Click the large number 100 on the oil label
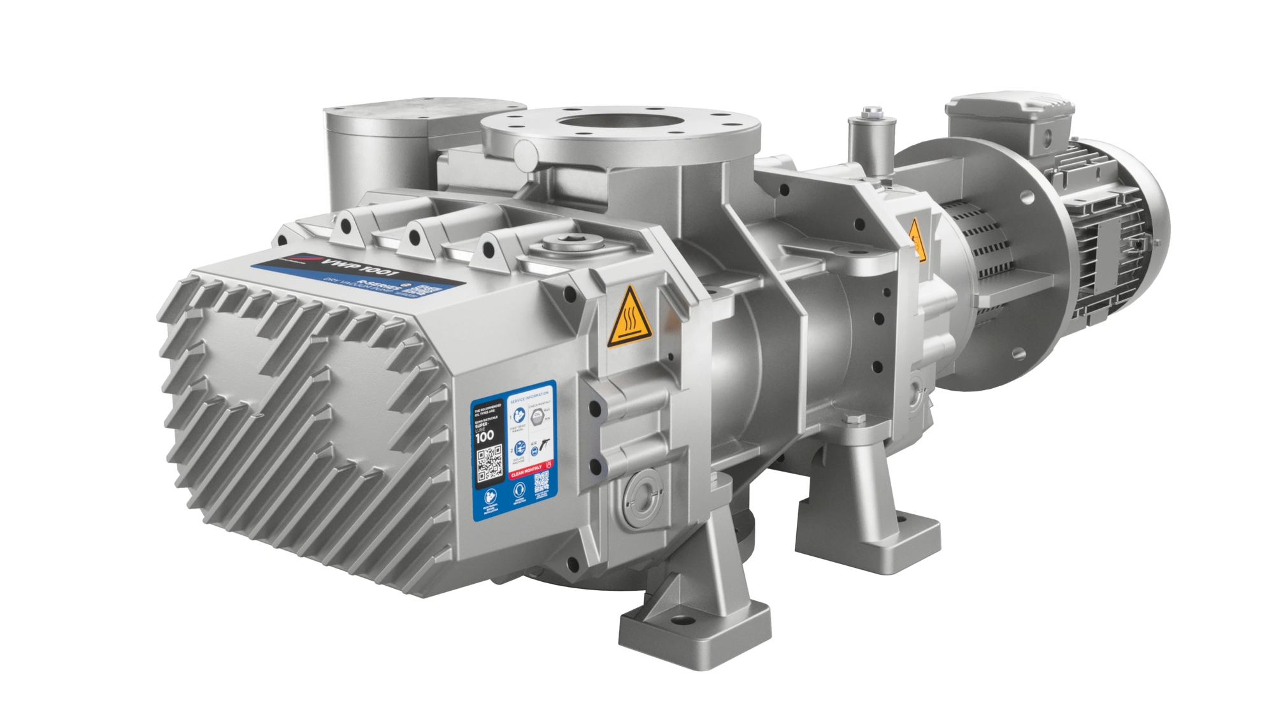point(486,437)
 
